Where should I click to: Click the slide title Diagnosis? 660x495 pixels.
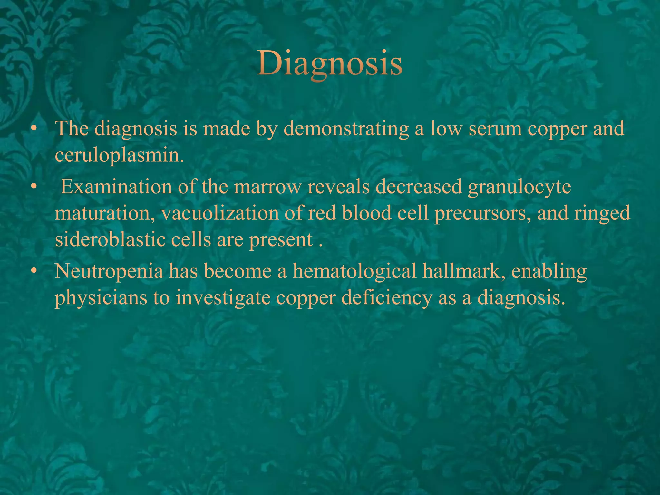[330, 63]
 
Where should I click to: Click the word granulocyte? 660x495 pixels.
[519, 187]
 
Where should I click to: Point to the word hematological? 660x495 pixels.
[354, 271]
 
